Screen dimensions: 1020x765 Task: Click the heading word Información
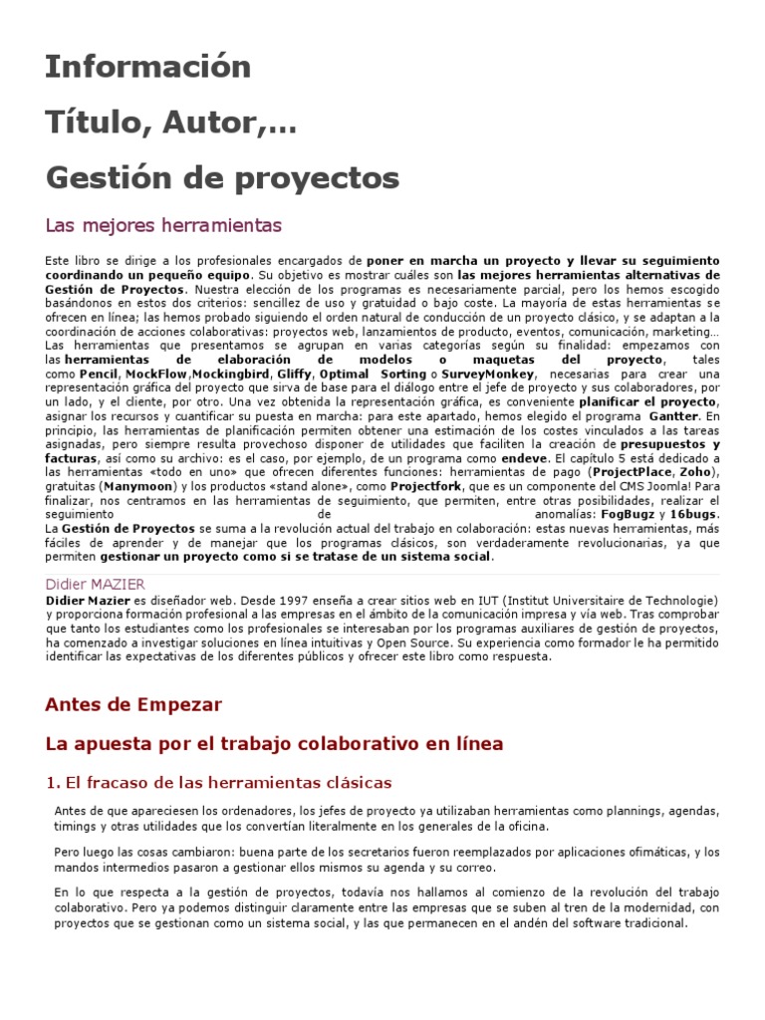[148, 67]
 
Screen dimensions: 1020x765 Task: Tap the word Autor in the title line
[211, 124]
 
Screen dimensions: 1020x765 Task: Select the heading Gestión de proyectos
[222, 178]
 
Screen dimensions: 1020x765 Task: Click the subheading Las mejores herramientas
[164, 225]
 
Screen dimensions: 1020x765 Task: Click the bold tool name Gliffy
[293, 374]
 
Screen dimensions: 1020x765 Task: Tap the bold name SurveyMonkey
[488, 374]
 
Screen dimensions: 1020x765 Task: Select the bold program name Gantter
[674, 415]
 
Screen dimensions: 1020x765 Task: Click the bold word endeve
[524, 457]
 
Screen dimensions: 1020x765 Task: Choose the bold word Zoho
[696, 471]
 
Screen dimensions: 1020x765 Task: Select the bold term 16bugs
[692, 514]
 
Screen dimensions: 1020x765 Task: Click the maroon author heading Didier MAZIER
[96, 585]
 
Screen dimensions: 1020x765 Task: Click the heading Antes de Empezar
[133, 704]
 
